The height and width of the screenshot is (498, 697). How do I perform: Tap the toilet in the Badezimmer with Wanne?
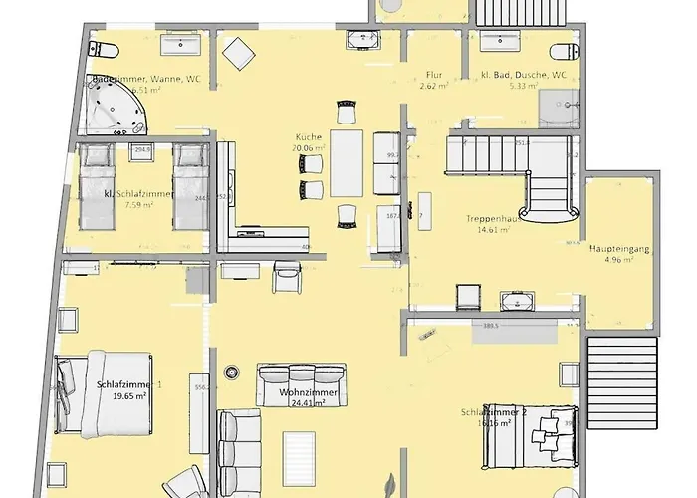click(x=106, y=49)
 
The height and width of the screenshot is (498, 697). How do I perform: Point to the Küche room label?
click(x=308, y=136)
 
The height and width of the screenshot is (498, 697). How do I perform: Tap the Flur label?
click(x=433, y=75)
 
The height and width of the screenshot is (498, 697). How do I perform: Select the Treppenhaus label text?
click(x=488, y=218)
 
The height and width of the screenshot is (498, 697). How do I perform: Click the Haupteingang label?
click(x=619, y=249)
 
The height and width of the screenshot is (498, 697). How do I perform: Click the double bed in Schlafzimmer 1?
click(x=105, y=394)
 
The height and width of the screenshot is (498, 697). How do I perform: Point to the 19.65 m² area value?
click(x=129, y=395)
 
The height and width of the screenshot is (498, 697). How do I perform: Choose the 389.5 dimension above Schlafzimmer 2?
click(x=490, y=326)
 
